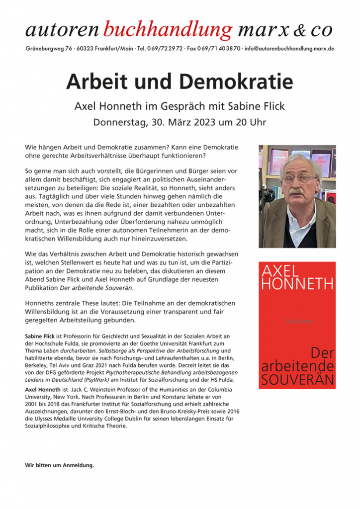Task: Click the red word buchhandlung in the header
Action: click(x=168, y=30)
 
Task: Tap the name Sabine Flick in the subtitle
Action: click(x=259, y=106)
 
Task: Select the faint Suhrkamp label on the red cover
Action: click(x=297, y=322)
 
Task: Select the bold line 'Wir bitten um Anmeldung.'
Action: click(x=59, y=465)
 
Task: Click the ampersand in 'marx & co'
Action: click(x=299, y=31)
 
